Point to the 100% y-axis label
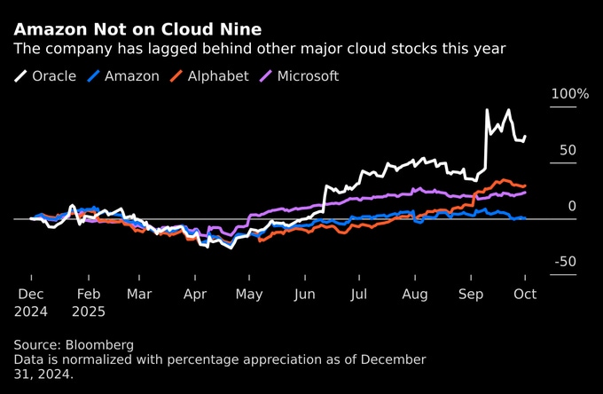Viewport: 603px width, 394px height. pos(569,94)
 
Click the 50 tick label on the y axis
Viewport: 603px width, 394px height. pos(568,150)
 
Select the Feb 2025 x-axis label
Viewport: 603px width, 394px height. pos(90,302)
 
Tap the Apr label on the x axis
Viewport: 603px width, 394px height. pos(194,293)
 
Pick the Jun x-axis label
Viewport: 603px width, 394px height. pos(304,293)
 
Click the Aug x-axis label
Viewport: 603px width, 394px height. pos(414,293)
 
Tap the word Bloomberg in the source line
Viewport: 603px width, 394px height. pos(103,344)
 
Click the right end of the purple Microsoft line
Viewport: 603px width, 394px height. pos(526,192)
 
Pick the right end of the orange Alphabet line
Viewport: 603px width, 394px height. pos(526,185)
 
